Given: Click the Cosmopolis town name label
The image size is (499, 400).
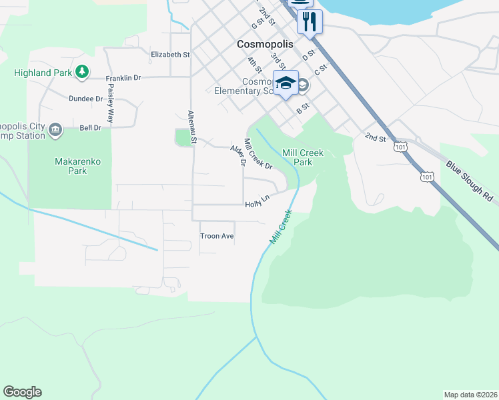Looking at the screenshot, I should point(265,44).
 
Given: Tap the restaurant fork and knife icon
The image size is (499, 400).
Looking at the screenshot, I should point(309,21).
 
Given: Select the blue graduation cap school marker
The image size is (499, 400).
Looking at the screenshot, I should point(286,83).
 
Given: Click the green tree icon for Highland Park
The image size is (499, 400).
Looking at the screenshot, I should point(82,71).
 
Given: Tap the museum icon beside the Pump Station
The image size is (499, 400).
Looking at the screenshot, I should point(55,130).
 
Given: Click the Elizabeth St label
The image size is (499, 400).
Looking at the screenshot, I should point(170,55).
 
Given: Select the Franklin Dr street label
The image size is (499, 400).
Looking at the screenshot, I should point(125,78).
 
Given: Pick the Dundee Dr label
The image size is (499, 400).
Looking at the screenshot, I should point(86,99).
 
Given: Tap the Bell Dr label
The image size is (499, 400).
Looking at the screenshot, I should point(90,127).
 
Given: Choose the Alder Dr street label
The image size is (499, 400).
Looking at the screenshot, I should point(238,155).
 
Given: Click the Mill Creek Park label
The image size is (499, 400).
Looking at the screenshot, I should point(302,157).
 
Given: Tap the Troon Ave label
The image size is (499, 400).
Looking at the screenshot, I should point(217,236).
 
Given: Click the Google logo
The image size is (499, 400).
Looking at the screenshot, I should point(22,392).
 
